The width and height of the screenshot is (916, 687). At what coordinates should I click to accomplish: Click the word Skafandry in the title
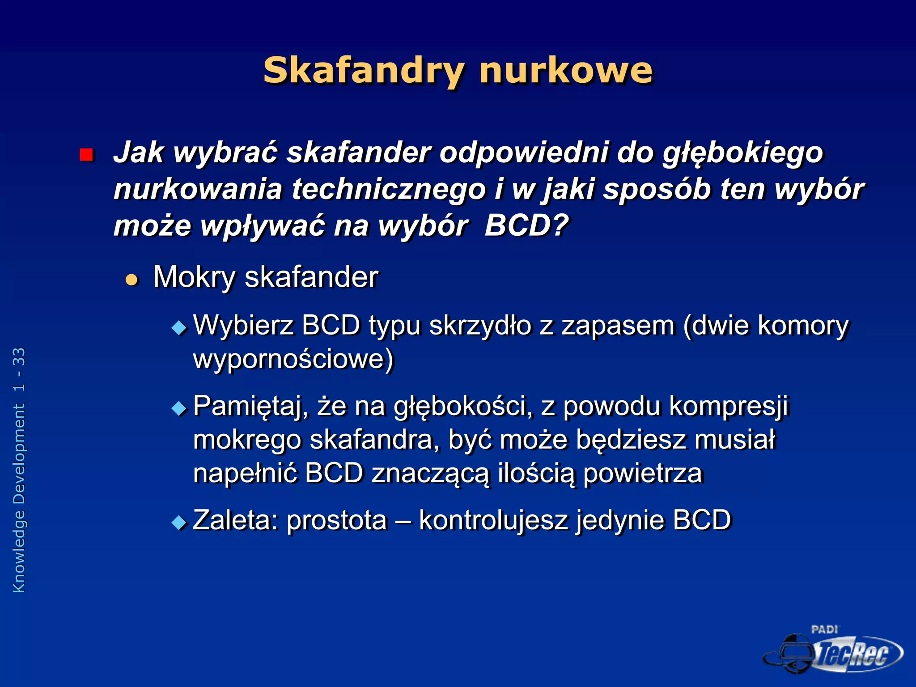[x=364, y=71]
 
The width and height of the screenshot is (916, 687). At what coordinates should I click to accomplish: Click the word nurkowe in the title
[x=566, y=71]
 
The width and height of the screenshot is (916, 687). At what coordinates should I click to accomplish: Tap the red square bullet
[x=86, y=155]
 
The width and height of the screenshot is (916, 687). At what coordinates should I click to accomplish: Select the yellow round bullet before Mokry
[x=131, y=280]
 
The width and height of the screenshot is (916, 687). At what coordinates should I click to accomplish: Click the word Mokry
[x=194, y=277]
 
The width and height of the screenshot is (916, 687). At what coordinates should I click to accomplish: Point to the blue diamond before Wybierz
[x=179, y=328]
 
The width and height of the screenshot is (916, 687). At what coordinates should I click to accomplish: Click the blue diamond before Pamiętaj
[x=179, y=409]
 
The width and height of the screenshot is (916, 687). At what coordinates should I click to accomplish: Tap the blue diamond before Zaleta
[x=179, y=522]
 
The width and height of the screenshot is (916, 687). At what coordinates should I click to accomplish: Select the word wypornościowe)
[x=293, y=359]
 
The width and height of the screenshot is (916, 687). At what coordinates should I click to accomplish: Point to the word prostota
[x=336, y=521]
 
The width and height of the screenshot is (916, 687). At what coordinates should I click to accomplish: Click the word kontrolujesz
[x=493, y=521]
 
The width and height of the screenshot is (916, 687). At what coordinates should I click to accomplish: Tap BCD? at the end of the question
[x=526, y=225]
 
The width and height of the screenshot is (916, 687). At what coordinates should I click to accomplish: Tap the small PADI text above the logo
[x=824, y=629]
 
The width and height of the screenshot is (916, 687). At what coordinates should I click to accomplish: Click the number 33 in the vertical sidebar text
[x=19, y=357]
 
